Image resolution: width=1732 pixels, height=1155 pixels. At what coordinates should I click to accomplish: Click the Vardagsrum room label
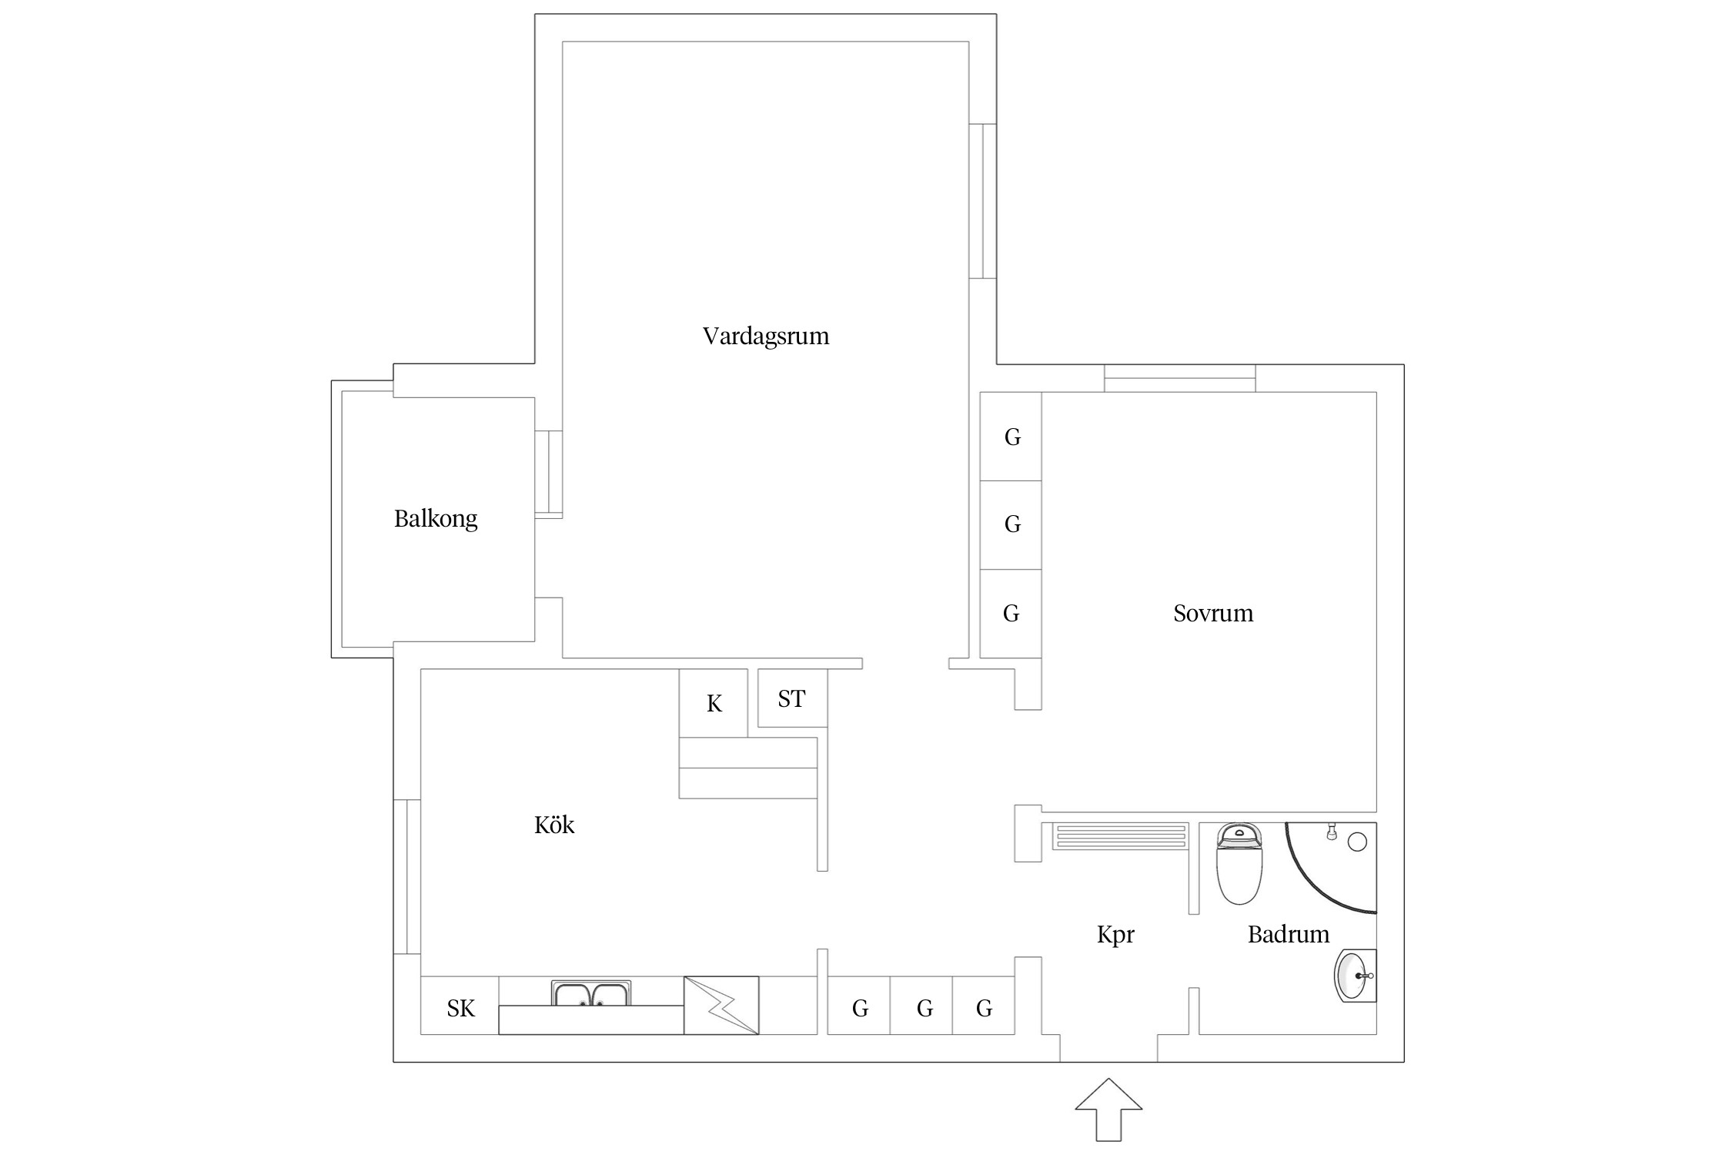(765, 336)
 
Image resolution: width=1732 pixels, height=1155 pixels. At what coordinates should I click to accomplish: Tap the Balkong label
(436, 519)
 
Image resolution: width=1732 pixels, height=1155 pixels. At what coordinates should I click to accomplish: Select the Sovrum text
(1212, 614)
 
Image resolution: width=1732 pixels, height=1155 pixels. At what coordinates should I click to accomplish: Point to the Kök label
(554, 825)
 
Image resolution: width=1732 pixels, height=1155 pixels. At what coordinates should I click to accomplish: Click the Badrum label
(1288, 935)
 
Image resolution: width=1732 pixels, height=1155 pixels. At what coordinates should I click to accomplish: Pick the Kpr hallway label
(1115, 935)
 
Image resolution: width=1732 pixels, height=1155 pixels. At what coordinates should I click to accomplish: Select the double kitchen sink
(591, 993)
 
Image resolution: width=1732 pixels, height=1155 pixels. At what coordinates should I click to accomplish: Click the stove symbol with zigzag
(721, 1005)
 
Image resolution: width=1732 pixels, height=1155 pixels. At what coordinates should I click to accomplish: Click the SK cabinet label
(460, 1008)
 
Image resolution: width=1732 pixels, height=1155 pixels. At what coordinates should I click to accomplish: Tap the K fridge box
(714, 703)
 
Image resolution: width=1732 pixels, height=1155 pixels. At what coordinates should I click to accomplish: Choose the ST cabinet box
(792, 698)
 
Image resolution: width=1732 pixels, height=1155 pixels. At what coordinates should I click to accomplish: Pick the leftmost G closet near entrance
(859, 1008)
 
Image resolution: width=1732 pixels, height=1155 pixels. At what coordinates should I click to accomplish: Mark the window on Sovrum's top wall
(1179, 378)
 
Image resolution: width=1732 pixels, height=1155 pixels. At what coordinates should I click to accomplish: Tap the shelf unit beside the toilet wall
(1120, 836)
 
